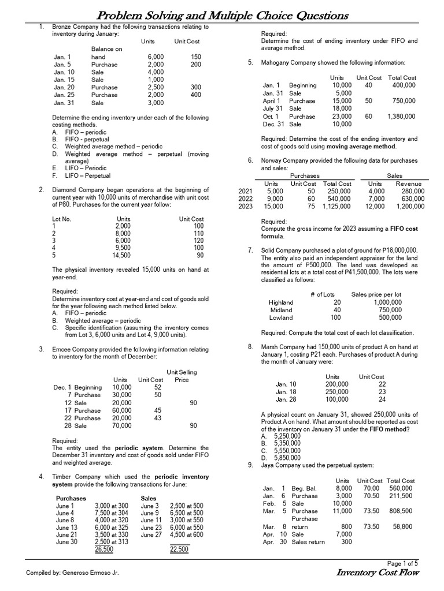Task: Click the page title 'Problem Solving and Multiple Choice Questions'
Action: coord(222,15)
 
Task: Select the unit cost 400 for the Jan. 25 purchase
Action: coord(195,95)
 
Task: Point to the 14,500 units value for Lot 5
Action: coord(121,255)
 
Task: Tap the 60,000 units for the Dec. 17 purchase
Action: coord(121,410)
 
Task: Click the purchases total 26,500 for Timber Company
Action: coord(104,549)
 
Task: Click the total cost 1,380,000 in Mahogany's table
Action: coord(401,116)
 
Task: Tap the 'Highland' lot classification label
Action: coord(281,302)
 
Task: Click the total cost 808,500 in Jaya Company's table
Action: coord(401,511)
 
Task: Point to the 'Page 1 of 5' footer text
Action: coord(402,563)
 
